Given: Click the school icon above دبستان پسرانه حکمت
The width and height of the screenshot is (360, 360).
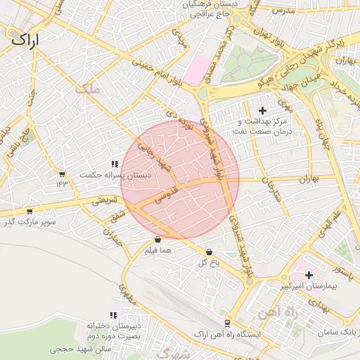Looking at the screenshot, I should point(114,165).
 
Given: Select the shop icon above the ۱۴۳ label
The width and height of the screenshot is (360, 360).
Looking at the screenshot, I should point(62,174).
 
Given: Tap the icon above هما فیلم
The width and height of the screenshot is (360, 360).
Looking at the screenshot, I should point(157,240).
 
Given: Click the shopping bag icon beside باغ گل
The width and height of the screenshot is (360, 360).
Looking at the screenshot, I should point(209,252).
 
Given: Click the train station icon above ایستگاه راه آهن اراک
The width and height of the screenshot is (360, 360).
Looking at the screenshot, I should point(227,323).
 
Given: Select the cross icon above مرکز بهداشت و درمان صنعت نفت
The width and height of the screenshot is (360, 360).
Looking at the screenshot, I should point(263,110).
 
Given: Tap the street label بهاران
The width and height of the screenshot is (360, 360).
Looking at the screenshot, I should point(309,179).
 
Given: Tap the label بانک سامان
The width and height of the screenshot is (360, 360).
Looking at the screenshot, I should point(342,331).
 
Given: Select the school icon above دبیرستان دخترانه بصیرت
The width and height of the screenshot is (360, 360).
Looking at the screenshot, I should point(111,316).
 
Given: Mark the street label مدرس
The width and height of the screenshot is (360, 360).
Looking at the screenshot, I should point(281,11).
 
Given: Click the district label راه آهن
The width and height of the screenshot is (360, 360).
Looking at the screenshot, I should point(271,311).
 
